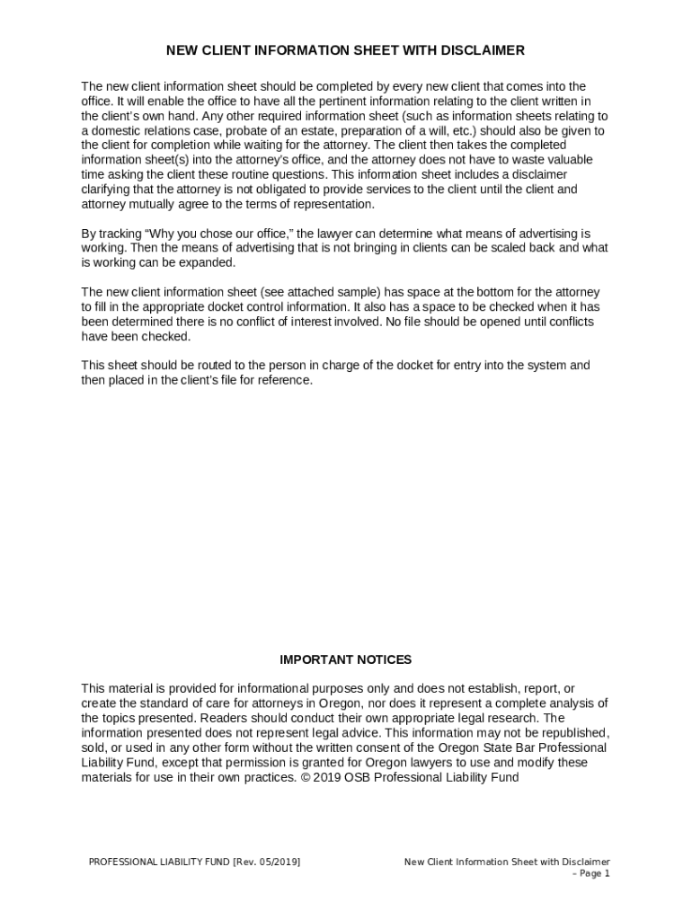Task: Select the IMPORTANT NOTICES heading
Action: (345, 659)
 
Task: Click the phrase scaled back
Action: (521, 248)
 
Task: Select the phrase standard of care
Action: (172, 703)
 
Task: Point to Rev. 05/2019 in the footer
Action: (267, 862)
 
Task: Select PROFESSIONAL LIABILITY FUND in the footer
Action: (158, 862)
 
